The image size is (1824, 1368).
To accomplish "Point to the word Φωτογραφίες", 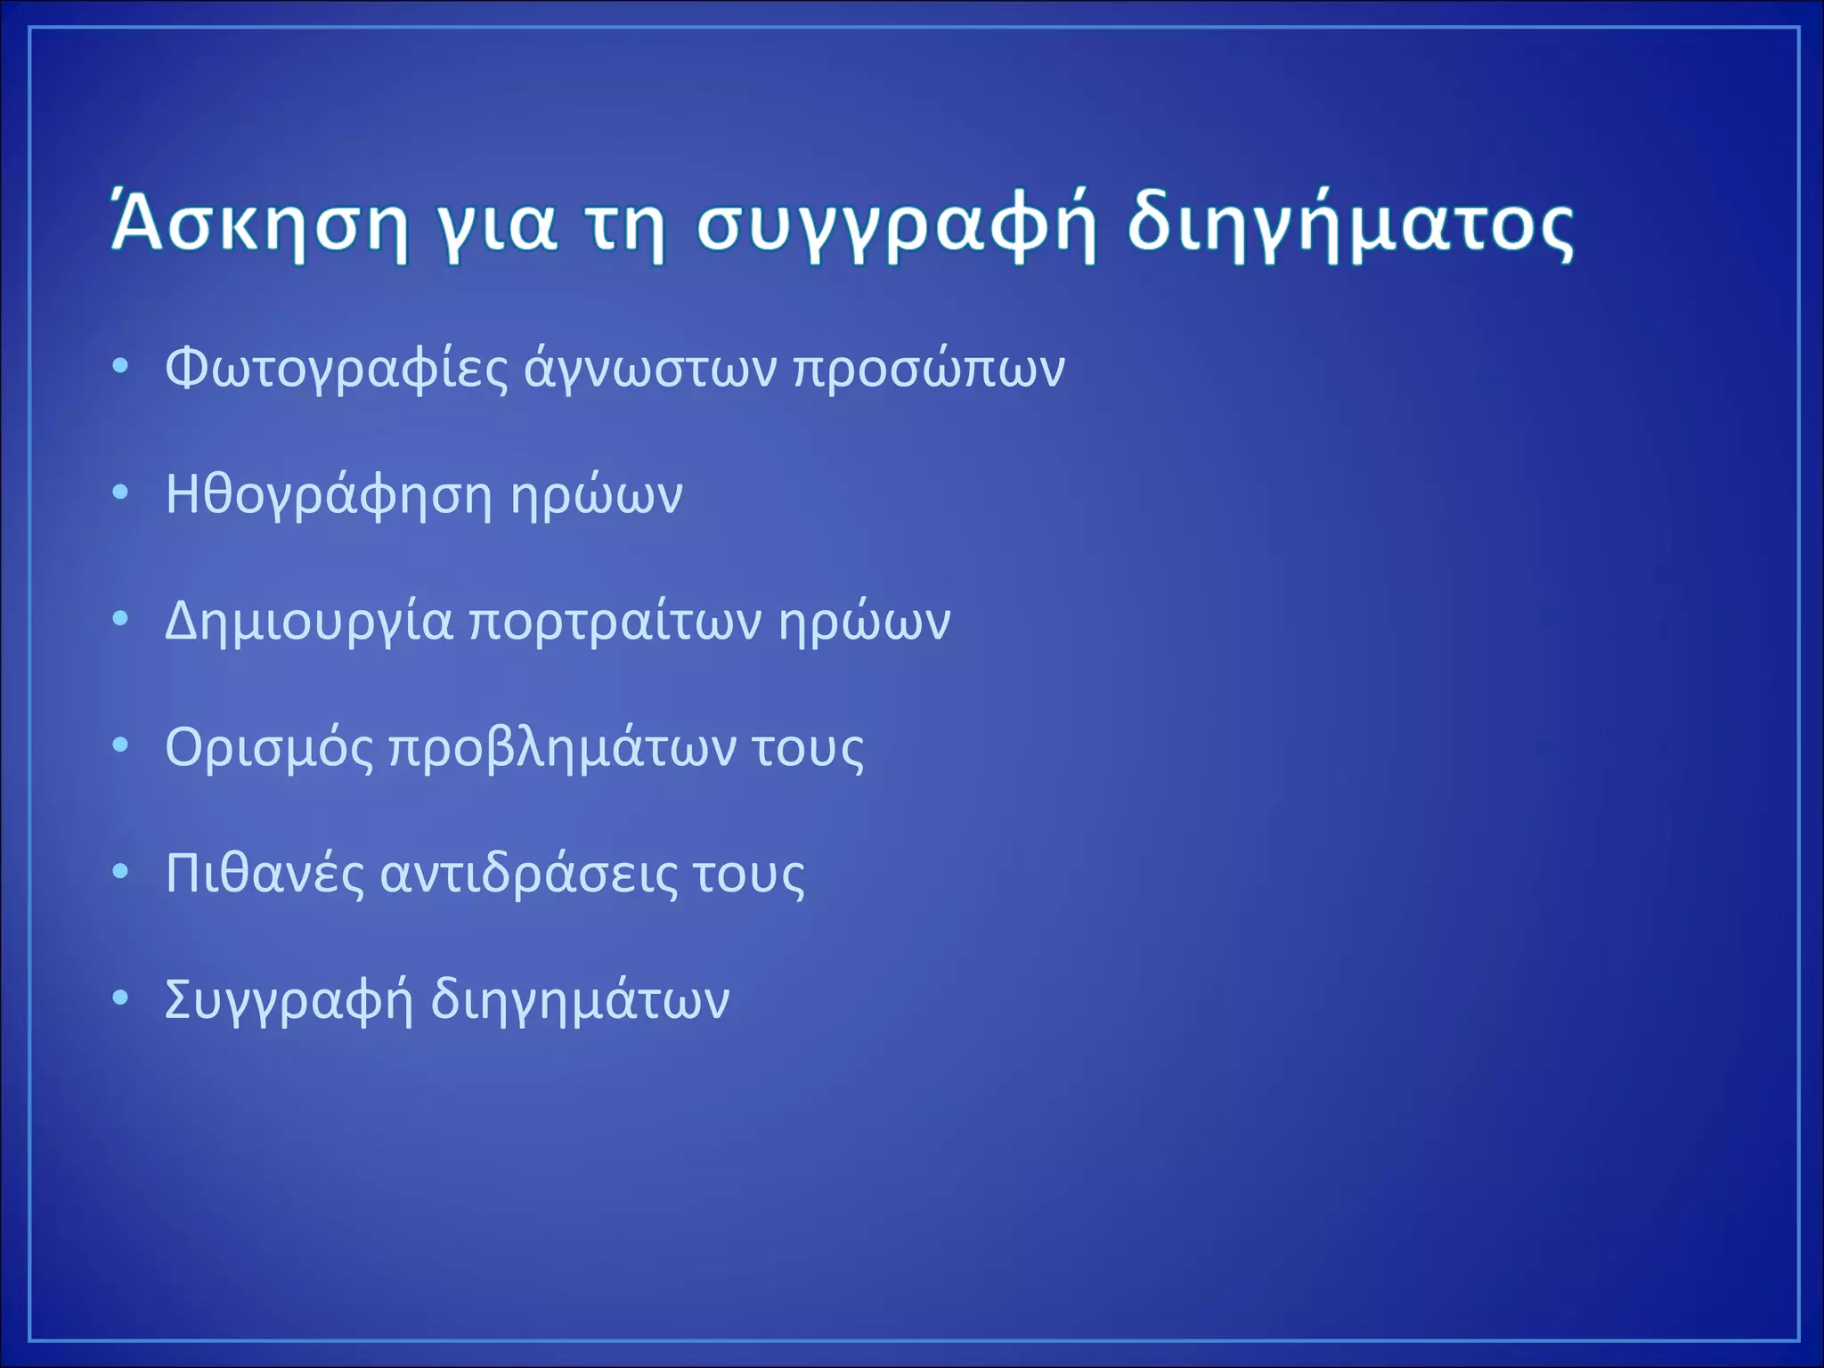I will pyautogui.click(x=337, y=368).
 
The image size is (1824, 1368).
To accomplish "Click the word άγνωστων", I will pyautogui.click(x=650, y=368).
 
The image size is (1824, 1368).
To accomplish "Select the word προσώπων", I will pyautogui.click(x=929, y=368).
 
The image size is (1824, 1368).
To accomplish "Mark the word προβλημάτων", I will pyautogui.click(x=563, y=747).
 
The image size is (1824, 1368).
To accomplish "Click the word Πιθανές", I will pyautogui.click(x=265, y=874).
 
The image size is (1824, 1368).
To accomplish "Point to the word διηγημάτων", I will pyautogui.click(x=580, y=1000).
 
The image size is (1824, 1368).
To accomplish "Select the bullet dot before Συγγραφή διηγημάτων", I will pyautogui.click(x=121, y=997).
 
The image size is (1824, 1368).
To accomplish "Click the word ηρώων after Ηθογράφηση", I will pyautogui.click(x=596, y=495).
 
